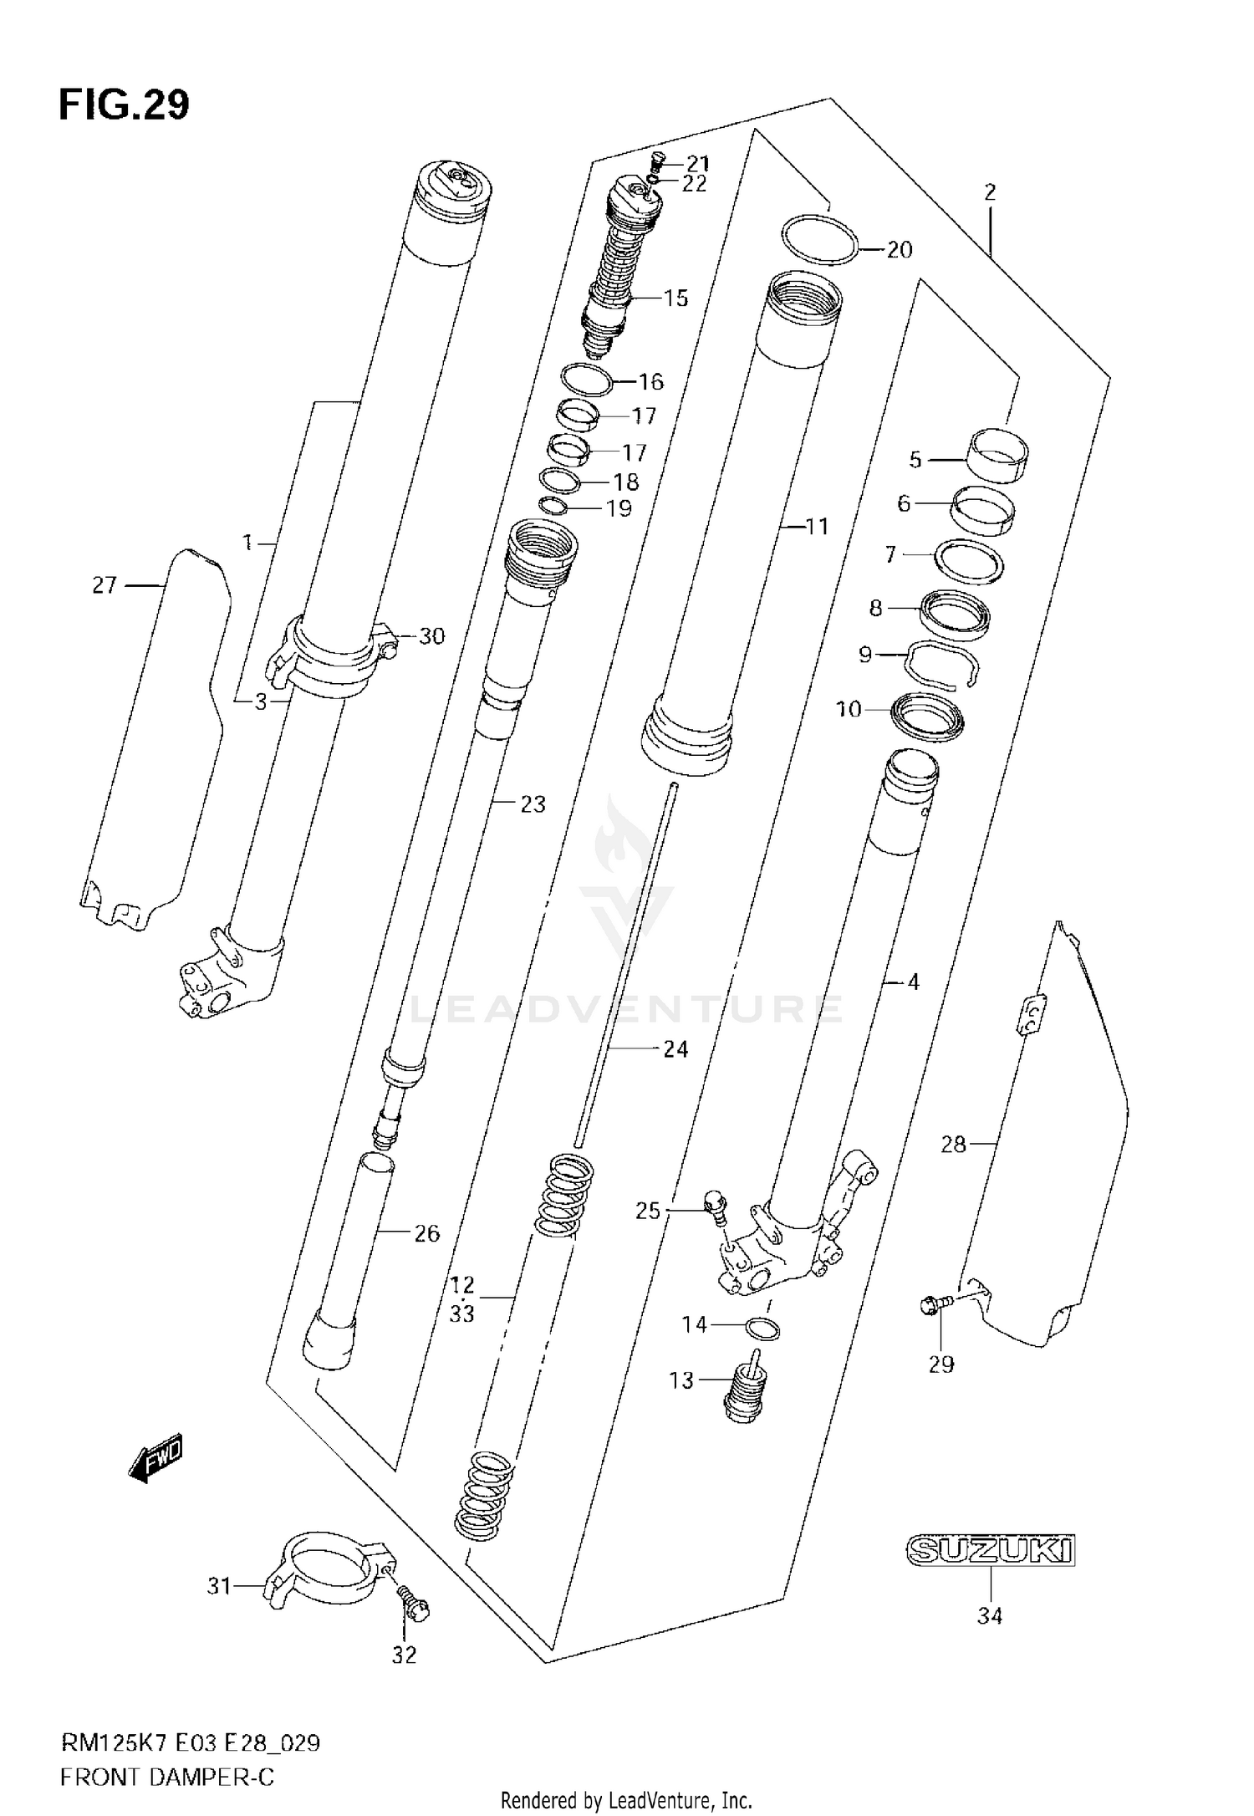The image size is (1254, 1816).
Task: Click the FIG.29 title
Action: coord(124,105)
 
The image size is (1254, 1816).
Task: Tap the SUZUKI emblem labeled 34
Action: coord(990,1550)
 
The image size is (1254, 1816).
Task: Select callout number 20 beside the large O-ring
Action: coord(899,250)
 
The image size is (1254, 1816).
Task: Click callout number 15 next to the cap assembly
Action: coord(675,298)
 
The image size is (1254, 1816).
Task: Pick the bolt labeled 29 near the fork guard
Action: coord(935,1324)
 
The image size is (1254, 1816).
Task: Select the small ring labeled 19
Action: coord(552,506)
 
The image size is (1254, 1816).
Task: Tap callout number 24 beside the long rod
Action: coord(675,1049)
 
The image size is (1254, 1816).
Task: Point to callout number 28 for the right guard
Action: coord(953,1145)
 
